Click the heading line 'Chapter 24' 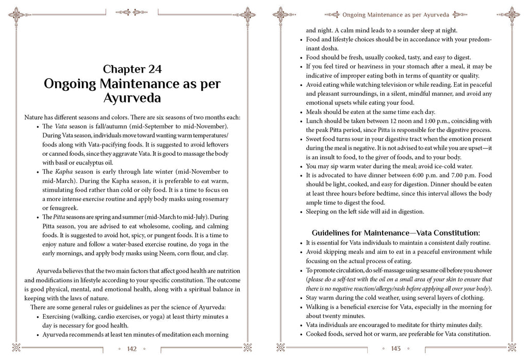[133, 69]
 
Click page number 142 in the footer [132, 349]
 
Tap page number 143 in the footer [396, 349]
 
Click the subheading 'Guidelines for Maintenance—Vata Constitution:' [396, 233]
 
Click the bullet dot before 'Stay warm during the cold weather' [302, 298]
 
